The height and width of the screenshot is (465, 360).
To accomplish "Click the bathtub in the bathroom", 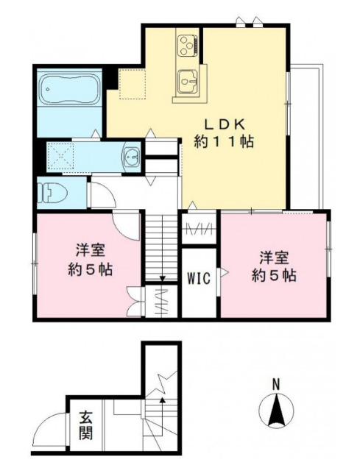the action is pos(70,89).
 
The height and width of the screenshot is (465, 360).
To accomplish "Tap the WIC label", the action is pos(199,278).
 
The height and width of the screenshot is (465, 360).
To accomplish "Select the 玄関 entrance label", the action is pos(86,425).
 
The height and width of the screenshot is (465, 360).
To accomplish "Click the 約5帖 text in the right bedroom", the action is pos(274,276).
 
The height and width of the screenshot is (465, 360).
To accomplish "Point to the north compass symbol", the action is pos(276,411).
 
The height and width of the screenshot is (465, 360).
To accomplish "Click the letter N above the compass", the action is pos(276,385).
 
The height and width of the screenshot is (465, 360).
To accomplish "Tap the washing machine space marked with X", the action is pos(60,156).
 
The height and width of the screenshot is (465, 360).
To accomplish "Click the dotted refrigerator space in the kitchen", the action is pos(133,84).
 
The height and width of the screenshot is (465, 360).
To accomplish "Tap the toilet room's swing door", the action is pos(102,194).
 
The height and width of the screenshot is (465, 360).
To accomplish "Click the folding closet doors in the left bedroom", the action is pos(135,302).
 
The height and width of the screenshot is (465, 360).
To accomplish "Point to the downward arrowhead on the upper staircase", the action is pos(162,278).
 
